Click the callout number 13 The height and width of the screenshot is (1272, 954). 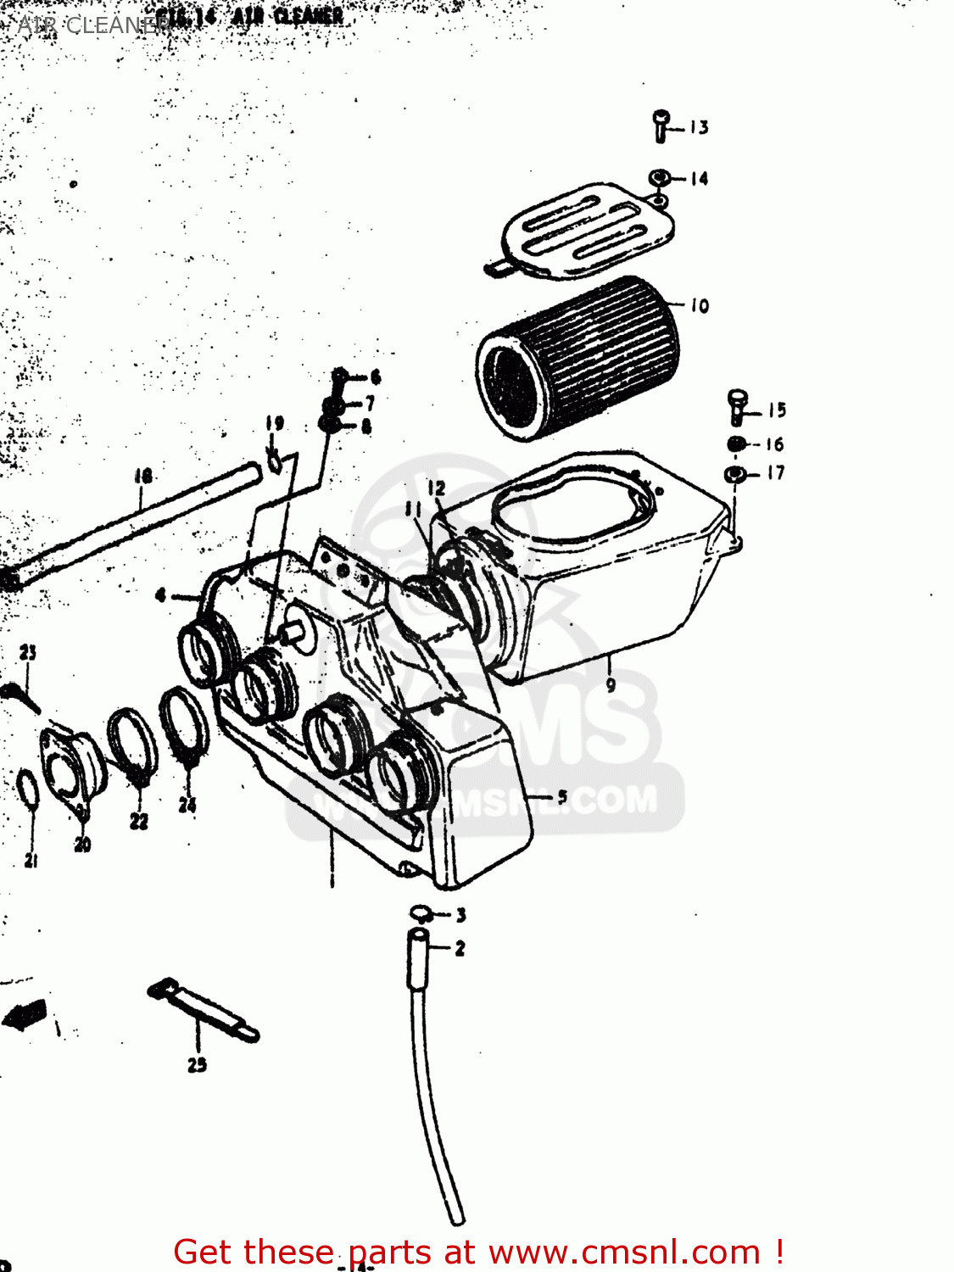[x=699, y=127]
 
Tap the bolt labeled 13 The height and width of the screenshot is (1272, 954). [x=661, y=126]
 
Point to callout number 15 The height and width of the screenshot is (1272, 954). [x=777, y=410]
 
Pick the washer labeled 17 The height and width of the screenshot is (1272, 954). [x=734, y=473]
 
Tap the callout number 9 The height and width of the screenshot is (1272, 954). [x=611, y=684]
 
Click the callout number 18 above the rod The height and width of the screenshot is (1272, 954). [x=142, y=477]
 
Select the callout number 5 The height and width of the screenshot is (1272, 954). [x=561, y=796]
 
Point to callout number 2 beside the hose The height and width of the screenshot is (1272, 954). [x=460, y=948]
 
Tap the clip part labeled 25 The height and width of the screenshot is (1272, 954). [x=204, y=1011]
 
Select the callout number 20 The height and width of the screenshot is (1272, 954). [x=82, y=845]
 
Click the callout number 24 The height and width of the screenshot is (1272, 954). [x=187, y=804]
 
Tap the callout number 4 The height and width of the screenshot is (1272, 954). [x=161, y=595]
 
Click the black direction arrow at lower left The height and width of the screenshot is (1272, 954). [x=25, y=1014]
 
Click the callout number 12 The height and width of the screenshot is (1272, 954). [x=436, y=488]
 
